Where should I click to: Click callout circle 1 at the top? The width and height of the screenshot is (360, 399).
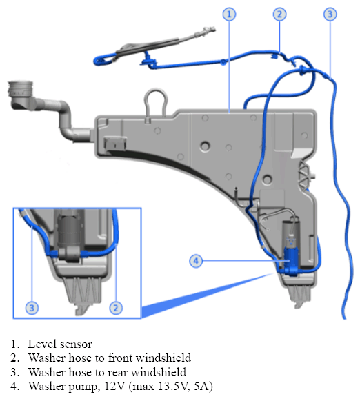pos(229,14)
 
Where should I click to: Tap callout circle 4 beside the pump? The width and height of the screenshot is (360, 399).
pos(196,261)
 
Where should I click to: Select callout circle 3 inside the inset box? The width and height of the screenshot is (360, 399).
pos(32,308)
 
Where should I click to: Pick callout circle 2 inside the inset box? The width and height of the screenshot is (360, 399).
pos(116,308)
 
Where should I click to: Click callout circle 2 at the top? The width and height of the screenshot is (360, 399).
pos(280,14)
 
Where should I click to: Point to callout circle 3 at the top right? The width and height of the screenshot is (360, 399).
pos(330,14)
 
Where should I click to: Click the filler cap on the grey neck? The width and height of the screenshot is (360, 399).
pos(20,88)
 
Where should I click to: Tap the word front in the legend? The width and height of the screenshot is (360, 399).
pos(119,358)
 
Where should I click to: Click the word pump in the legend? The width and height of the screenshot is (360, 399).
pos(83,387)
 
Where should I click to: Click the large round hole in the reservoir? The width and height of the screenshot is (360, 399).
pos(205,146)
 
